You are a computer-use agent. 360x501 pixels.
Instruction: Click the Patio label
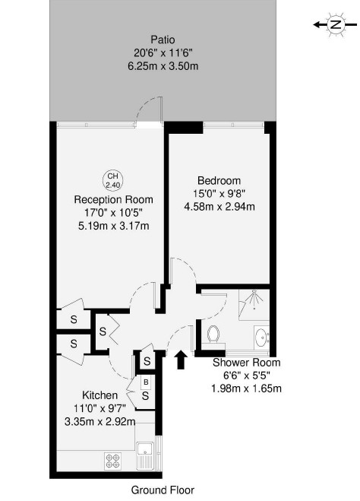tap(163, 40)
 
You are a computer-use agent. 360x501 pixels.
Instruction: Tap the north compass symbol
tap(336, 24)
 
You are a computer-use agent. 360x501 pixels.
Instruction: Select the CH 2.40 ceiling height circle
tap(112, 180)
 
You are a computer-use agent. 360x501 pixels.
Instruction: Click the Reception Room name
tap(114, 200)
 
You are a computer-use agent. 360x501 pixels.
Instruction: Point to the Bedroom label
tap(219, 180)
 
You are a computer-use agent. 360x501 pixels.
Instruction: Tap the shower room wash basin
tap(262, 338)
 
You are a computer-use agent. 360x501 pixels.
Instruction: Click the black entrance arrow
tap(181, 360)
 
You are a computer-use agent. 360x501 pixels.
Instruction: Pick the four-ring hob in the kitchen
tap(113, 461)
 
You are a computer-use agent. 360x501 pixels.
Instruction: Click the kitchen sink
tap(145, 456)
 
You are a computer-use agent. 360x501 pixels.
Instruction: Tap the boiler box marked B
tap(146, 382)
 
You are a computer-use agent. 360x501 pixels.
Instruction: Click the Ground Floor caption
tap(163, 490)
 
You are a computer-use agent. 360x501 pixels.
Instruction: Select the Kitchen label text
tap(100, 395)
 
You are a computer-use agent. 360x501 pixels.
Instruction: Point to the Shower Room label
tap(246, 363)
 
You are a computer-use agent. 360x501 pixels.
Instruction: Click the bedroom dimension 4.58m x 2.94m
tap(219, 207)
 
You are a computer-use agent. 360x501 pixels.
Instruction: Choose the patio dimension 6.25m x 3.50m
tap(163, 66)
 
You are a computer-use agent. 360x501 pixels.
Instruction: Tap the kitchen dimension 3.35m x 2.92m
tap(100, 422)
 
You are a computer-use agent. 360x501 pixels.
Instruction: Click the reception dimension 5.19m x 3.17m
tap(114, 227)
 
